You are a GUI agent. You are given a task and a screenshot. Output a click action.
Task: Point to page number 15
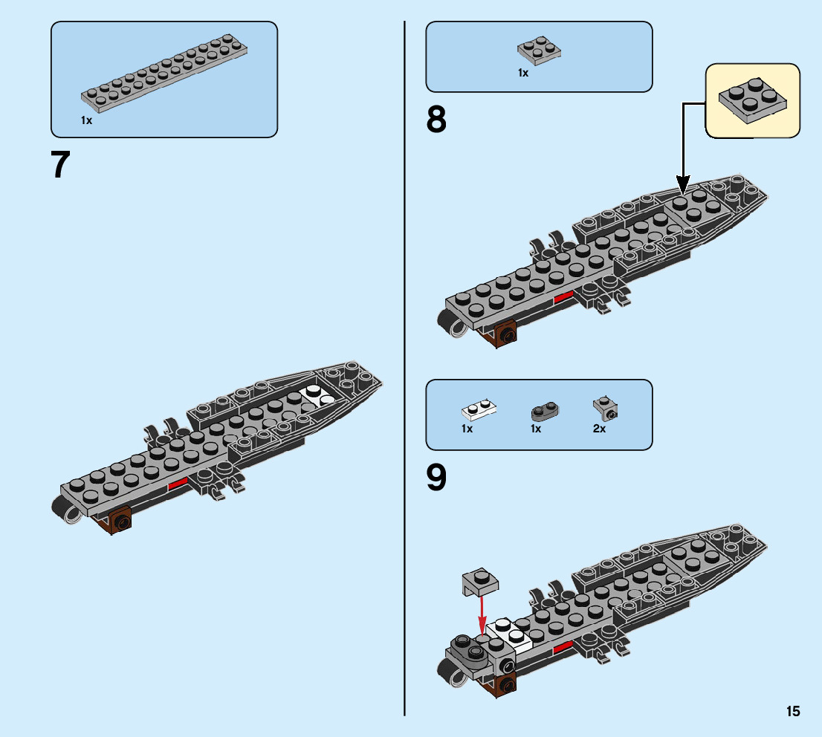tap(793, 712)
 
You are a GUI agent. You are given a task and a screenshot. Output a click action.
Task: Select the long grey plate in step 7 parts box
tap(164, 72)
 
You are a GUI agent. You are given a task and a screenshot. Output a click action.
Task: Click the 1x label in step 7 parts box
tap(87, 120)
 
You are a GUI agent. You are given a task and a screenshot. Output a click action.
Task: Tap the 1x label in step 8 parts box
tap(523, 73)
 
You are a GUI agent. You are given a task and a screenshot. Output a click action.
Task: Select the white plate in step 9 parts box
tap(479, 409)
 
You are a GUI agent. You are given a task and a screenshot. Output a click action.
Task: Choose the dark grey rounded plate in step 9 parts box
tap(545, 410)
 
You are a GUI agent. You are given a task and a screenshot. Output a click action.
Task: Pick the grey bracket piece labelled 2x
tap(606, 408)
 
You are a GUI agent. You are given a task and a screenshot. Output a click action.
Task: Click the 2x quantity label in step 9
tap(599, 429)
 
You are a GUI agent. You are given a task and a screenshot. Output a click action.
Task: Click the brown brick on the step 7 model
tap(120, 522)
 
